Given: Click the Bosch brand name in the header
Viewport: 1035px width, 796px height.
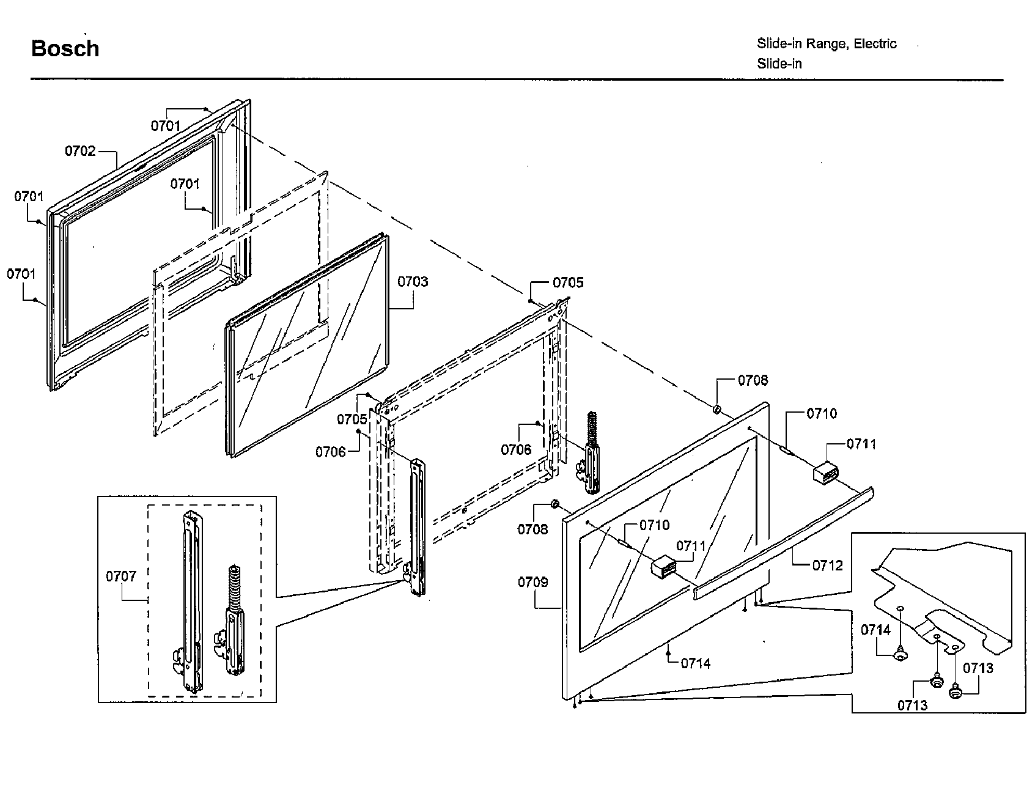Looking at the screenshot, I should pos(65,48).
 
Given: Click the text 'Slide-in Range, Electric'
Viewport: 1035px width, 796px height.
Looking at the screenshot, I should pos(827,43).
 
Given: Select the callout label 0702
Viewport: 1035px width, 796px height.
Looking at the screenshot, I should pos(81,150).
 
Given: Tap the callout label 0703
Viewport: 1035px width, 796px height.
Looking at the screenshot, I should pos(413,282).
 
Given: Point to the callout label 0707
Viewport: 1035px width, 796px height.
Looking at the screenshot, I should pos(121,576).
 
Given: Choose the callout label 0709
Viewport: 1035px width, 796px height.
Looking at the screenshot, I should pos(533,582).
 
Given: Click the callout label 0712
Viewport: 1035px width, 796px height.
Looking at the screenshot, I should pos(828,565).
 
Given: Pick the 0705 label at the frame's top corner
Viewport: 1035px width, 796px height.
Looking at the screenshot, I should pos(568,282).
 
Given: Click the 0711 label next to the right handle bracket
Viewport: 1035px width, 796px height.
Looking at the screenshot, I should pos(861,444).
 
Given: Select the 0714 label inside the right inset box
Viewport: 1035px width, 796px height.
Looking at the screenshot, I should pos(876,630).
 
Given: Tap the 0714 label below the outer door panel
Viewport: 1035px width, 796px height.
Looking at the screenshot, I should pos(696,663).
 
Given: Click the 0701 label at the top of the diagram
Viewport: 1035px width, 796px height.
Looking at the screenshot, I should pos(166,126).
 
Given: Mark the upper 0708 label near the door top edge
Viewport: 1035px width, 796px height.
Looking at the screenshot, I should pos(753,380).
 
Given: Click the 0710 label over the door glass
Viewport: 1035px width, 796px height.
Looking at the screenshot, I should pos(654,525).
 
